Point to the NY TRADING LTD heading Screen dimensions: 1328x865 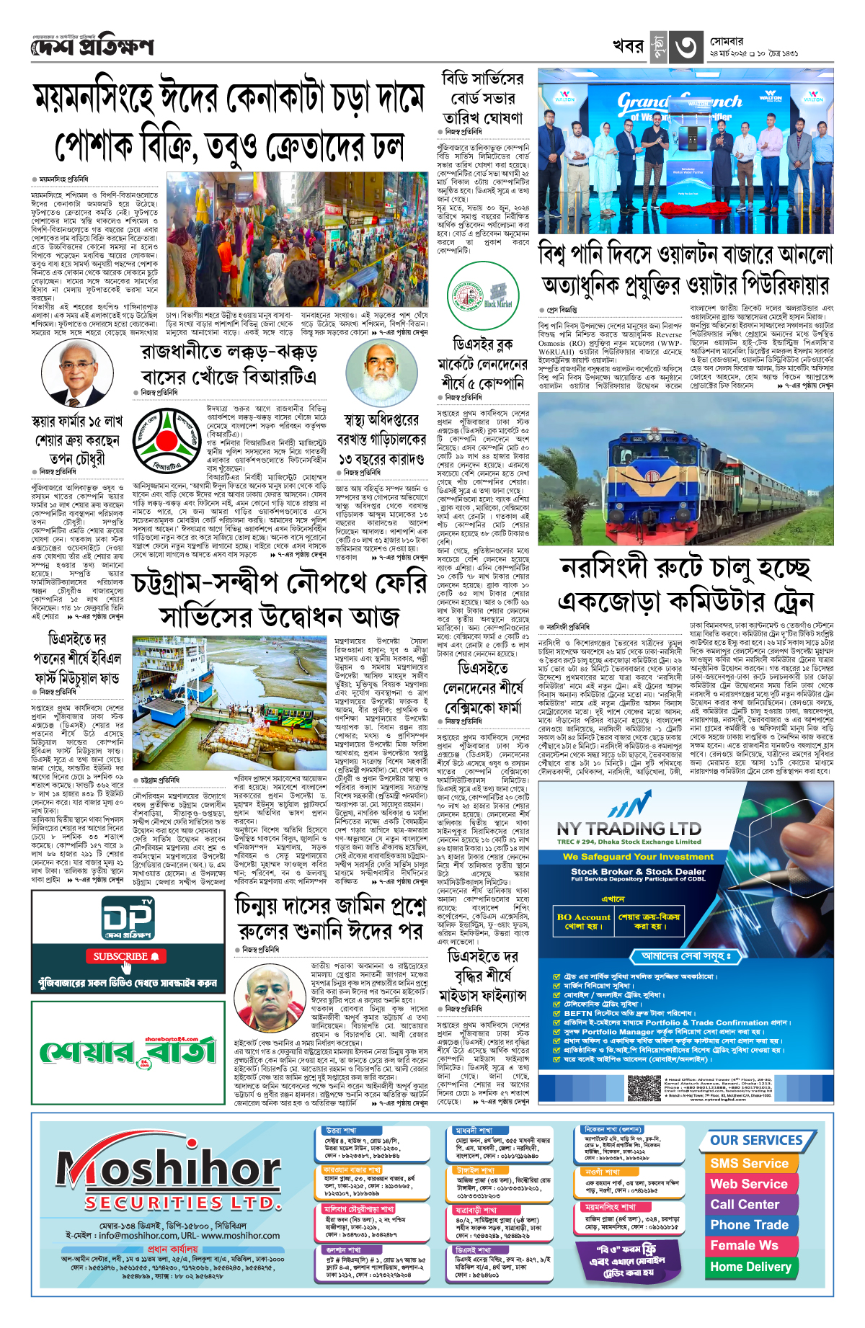[x=629, y=829]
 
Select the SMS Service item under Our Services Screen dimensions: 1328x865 [x=749, y=1163]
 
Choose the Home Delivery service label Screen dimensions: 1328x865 [x=750, y=1266]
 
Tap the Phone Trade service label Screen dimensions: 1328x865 [x=749, y=1225]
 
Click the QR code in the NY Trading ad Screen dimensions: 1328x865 [x=644, y=1087]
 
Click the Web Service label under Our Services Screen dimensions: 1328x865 [x=749, y=1184]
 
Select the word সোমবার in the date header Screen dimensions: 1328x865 [x=727, y=42]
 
